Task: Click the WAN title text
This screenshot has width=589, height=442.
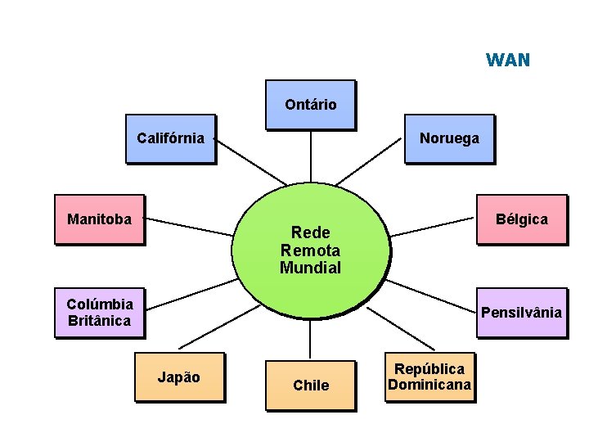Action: click(x=507, y=61)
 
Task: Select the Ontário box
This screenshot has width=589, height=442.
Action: click(x=310, y=105)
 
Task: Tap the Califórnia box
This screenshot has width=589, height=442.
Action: click(x=170, y=138)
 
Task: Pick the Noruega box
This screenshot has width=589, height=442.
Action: click(x=449, y=139)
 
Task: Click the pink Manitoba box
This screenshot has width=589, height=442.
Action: click(x=99, y=219)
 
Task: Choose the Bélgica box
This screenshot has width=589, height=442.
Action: click(x=522, y=219)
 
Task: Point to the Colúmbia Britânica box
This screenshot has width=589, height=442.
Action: click(x=99, y=312)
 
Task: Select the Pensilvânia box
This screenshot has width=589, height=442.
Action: click(x=522, y=313)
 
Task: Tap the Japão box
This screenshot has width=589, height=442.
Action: click(x=179, y=377)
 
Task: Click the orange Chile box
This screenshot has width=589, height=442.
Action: click(x=311, y=385)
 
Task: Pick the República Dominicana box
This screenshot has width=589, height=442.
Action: click(x=429, y=377)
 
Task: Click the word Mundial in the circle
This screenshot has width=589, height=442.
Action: click(x=310, y=268)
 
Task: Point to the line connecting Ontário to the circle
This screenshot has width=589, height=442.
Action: click(x=311, y=156)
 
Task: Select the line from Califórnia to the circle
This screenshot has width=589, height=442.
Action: click(x=250, y=162)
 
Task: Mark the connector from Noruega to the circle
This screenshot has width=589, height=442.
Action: click(x=371, y=162)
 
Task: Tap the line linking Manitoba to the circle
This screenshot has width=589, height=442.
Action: click(x=187, y=227)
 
